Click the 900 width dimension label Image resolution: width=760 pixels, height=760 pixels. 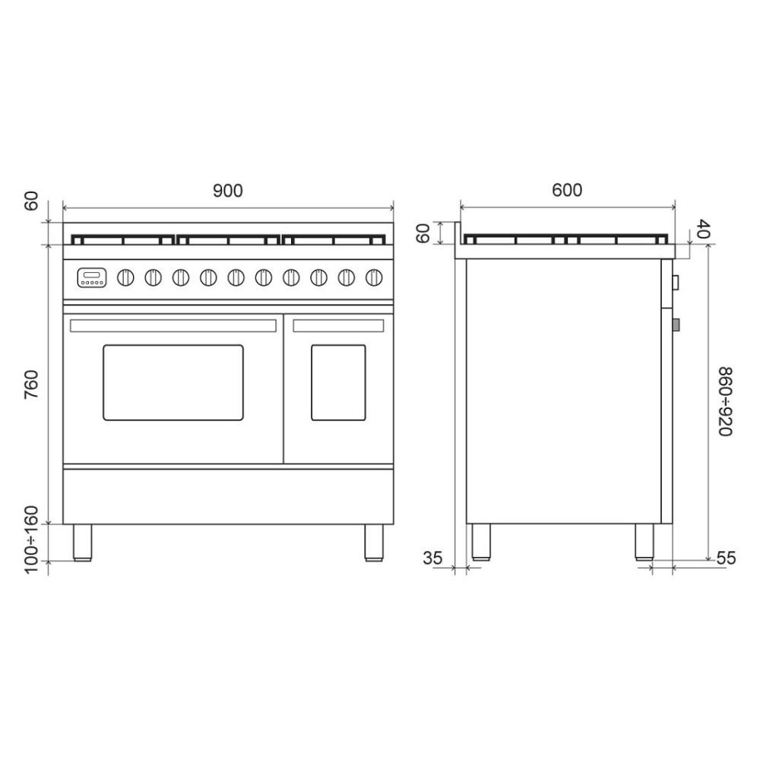click(x=228, y=191)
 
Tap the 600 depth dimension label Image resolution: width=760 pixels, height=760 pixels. click(x=567, y=190)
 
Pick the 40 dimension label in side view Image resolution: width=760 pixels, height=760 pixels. click(x=704, y=230)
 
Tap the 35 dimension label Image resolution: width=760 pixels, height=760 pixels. click(x=432, y=558)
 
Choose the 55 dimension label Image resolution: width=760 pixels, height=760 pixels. click(x=726, y=558)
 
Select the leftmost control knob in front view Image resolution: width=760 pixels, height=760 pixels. click(x=125, y=278)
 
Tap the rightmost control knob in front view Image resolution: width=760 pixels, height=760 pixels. click(x=373, y=278)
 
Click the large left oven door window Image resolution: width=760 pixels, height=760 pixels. click(x=173, y=382)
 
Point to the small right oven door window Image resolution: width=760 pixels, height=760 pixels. click(x=338, y=382)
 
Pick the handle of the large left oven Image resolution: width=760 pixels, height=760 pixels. click(x=173, y=325)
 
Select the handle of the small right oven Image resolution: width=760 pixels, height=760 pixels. click(x=338, y=325)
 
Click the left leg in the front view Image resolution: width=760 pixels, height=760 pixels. click(x=82, y=542)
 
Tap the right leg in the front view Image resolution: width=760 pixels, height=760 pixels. click(x=374, y=542)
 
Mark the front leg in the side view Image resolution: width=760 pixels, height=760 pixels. click(x=644, y=543)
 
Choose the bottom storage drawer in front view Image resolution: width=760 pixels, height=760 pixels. click(x=228, y=496)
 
